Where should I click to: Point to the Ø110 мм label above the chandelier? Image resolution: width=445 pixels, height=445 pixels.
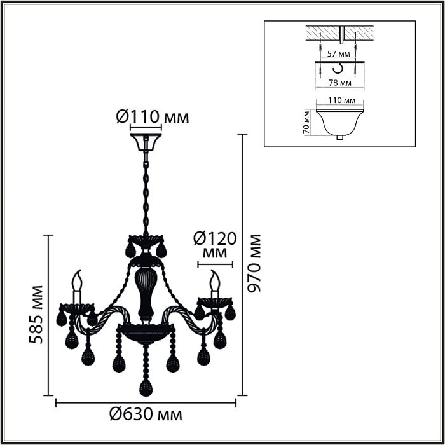click(153, 117)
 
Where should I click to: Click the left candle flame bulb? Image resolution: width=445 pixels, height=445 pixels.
click(79, 280)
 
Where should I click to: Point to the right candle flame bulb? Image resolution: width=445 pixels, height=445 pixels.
click(215, 280)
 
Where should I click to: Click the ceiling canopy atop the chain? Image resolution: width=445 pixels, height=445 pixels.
click(146, 142)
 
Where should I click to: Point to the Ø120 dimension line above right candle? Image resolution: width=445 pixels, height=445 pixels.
click(214, 262)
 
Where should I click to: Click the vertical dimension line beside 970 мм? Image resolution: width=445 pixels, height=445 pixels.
click(242, 264)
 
